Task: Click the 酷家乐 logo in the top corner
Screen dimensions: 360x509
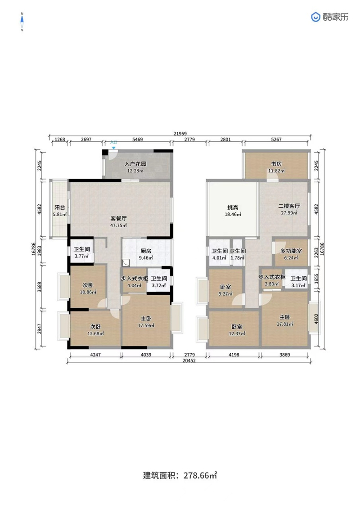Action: click(329, 17)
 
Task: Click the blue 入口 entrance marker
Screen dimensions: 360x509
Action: click(113, 144)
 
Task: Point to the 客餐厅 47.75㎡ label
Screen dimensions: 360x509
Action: click(118, 222)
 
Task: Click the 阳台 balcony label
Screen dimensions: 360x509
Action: click(60, 207)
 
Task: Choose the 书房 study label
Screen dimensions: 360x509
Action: click(276, 164)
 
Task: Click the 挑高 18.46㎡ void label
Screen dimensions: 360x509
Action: click(233, 211)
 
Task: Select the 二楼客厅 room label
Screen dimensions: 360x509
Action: click(289, 206)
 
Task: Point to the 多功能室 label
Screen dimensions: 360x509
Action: click(291, 251)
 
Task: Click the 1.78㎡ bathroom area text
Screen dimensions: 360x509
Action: click(238, 258)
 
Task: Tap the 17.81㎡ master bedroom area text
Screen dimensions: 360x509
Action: click(285, 324)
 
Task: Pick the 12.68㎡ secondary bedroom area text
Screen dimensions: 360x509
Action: click(95, 333)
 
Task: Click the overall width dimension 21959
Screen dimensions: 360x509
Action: click(180, 133)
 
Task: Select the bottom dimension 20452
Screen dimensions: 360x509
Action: click(189, 360)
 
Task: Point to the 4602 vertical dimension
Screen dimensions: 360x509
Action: click(316, 319)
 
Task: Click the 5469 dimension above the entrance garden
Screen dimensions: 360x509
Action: click(137, 140)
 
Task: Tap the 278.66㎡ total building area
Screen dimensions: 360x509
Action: click(200, 476)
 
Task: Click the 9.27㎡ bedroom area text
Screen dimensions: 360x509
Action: click(225, 294)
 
